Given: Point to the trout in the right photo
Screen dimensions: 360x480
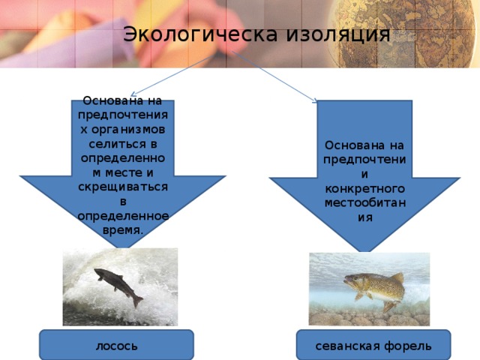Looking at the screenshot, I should pos(373,286).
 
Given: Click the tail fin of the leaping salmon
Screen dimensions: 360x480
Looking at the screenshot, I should pos(136,301).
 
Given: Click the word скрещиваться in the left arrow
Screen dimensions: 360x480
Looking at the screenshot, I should pos(122,185).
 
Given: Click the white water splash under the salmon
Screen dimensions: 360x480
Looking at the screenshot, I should pos(112,311).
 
